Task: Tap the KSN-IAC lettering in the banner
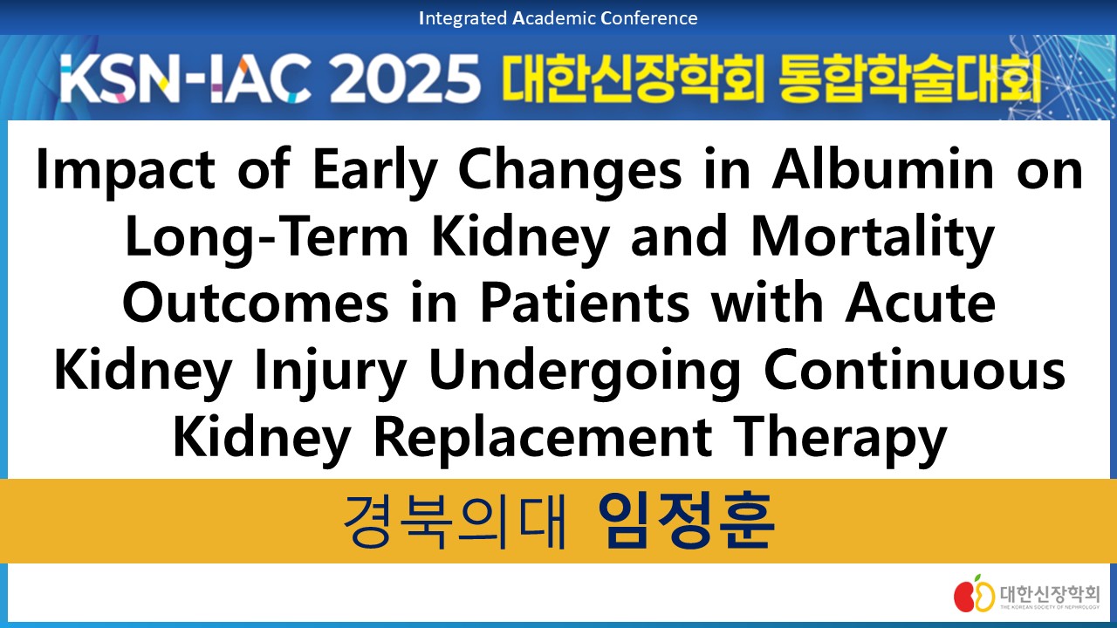click(182, 78)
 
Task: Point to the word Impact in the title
click(126, 170)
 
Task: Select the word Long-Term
click(267, 237)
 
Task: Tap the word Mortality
click(873, 237)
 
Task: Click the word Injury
click(330, 372)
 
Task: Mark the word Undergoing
click(585, 372)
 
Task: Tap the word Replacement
click(543, 439)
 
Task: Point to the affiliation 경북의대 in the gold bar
click(455, 522)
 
